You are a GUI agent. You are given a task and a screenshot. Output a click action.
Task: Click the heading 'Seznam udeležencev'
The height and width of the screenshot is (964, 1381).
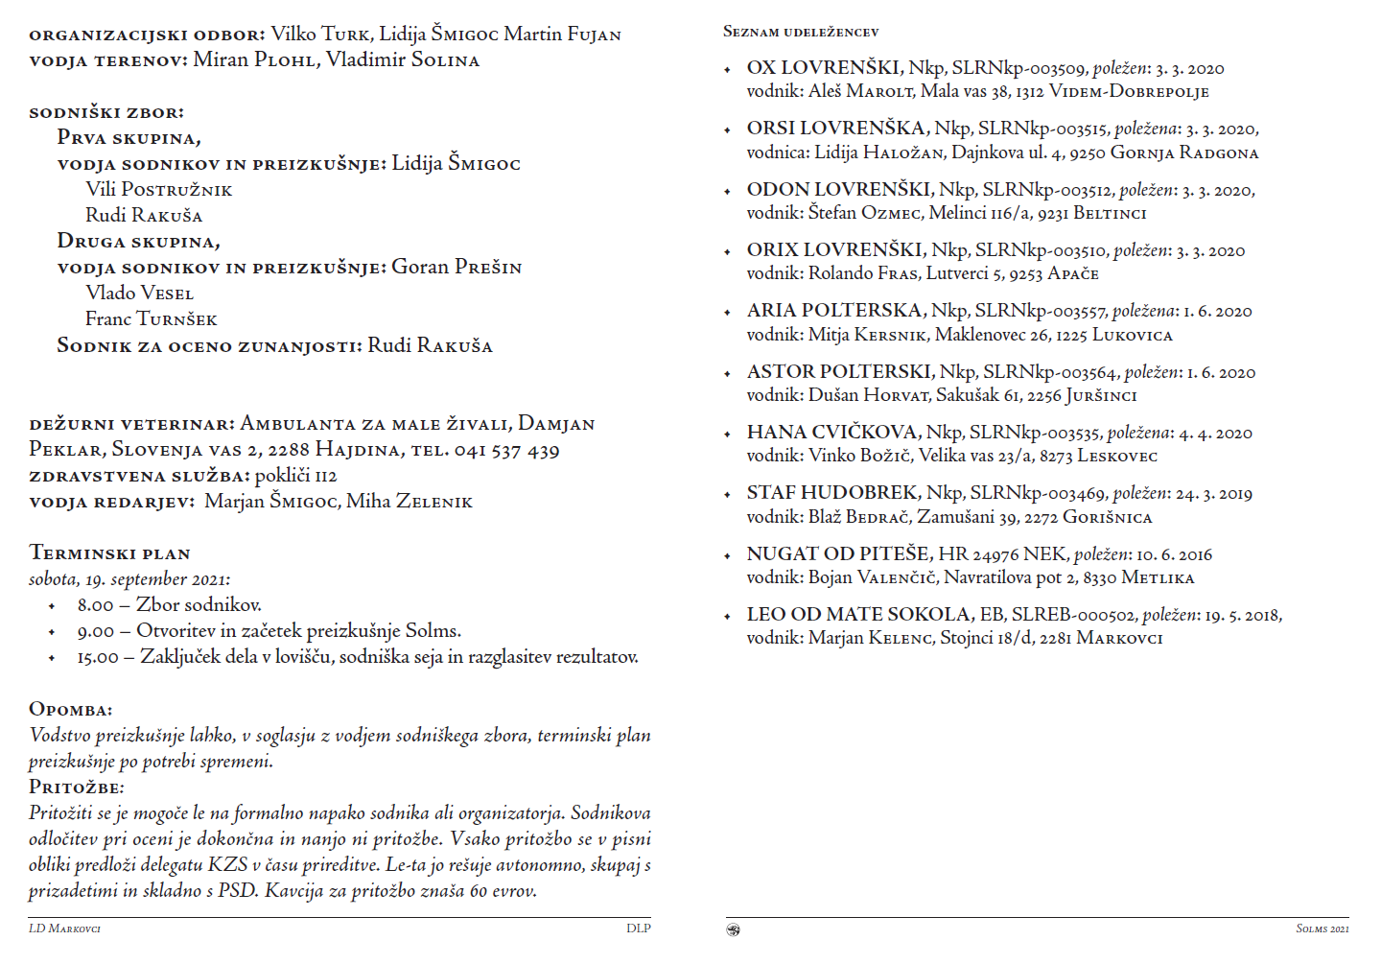pyautogui.click(x=801, y=32)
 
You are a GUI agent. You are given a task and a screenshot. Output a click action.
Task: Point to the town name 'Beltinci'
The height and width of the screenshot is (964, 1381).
pyautogui.click(x=1110, y=213)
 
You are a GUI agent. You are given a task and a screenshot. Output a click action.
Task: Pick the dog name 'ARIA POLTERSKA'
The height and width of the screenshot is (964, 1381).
pyautogui.click(x=834, y=311)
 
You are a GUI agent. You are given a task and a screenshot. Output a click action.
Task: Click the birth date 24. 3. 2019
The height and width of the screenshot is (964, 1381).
pyautogui.click(x=1214, y=494)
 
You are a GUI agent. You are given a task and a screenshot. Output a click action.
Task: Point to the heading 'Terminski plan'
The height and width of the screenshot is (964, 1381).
pyautogui.click(x=110, y=553)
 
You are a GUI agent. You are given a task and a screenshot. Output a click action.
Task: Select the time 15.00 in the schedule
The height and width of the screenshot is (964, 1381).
pyautogui.click(x=98, y=658)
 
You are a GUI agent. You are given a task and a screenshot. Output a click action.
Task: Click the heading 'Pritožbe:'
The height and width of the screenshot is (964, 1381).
pyautogui.click(x=77, y=788)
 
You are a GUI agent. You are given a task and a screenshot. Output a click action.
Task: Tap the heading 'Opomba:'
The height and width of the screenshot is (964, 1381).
pyautogui.click(x=71, y=710)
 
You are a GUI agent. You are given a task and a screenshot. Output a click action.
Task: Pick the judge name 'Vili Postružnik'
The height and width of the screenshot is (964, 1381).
pyautogui.click(x=159, y=190)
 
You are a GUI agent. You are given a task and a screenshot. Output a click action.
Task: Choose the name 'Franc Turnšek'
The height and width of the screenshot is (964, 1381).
pyautogui.click(x=152, y=319)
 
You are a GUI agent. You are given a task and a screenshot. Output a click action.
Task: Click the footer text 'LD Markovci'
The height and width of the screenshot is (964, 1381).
pyautogui.click(x=64, y=929)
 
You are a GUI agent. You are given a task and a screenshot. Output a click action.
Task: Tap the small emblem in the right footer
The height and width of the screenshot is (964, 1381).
pyautogui.click(x=734, y=929)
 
